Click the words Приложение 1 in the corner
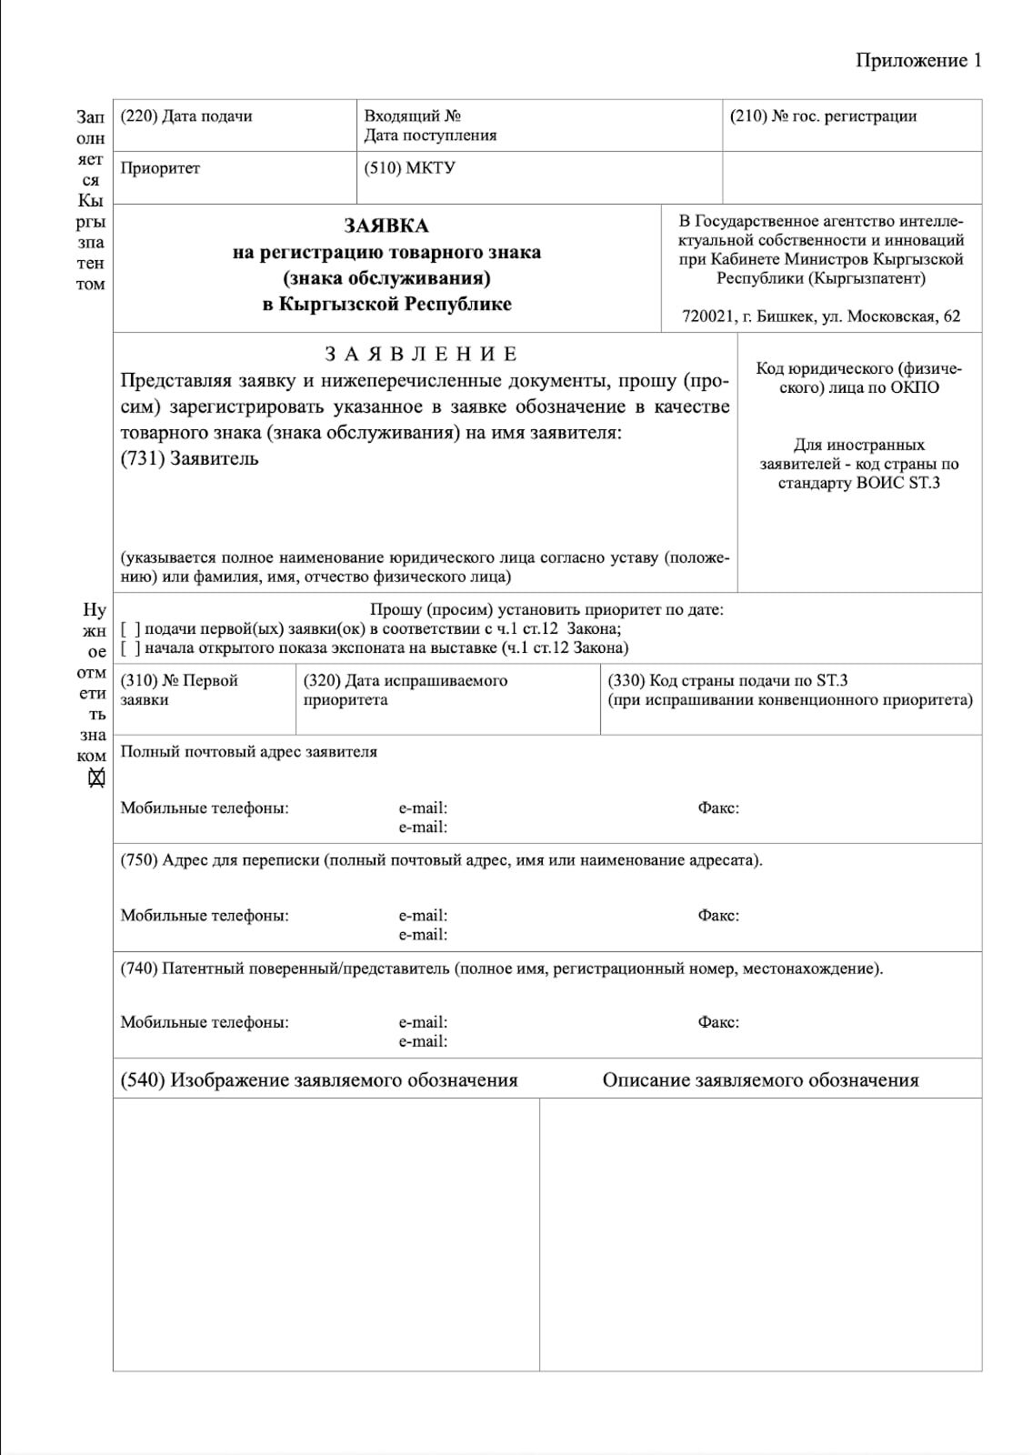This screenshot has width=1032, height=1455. (x=917, y=60)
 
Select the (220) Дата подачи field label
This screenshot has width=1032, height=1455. (x=186, y=116)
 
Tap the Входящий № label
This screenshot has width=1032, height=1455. (x=412, y=116)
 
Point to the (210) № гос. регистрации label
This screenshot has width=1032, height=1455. (x=823, y=116)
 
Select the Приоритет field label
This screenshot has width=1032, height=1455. (x=160, y=168)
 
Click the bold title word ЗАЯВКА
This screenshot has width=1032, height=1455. (x=386, y=226)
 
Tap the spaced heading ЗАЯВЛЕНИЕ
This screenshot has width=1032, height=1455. (x=421, y=354)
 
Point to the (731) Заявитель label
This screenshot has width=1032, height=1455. (x=189, y=458)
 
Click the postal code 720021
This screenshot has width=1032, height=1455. (x=706, y=316)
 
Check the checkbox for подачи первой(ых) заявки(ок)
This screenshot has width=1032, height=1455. (x=130, y=629)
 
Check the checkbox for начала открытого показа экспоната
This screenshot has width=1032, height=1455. (x=130, y=648)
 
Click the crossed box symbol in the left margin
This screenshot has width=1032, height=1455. (x=96, y=778)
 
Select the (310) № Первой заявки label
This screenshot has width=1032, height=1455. (x=179, y=690)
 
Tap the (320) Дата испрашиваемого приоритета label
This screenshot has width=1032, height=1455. (x=406, y=690)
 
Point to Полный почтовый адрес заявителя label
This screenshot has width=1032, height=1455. (x=248, y=752)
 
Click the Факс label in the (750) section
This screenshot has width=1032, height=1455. (x=718, y=916)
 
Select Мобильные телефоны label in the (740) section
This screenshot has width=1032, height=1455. (x=205, y=1022)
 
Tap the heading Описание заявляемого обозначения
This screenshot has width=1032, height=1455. (x=760, y=1080)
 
